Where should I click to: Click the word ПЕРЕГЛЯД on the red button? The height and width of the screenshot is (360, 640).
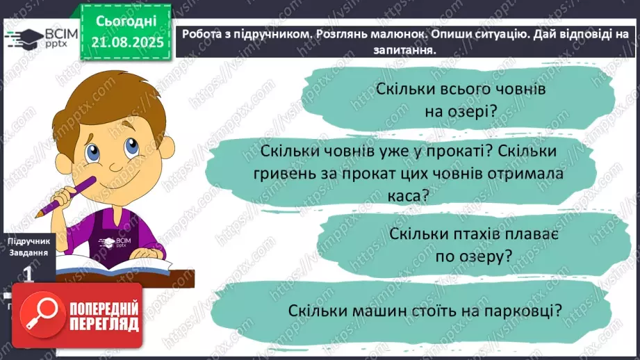(x=102, y=325)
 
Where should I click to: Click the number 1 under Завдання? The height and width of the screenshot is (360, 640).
(x=28, y=275)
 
